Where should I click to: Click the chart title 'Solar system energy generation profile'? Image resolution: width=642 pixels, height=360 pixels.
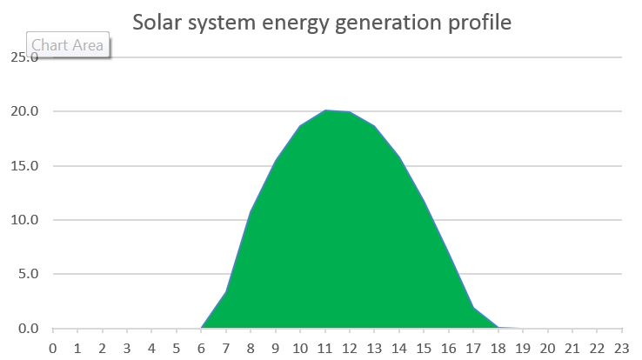click(x=321, y=21)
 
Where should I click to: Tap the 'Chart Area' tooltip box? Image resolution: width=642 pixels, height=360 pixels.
click(x=68, y=45)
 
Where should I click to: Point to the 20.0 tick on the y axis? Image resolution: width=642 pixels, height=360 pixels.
click(x=23, y=111)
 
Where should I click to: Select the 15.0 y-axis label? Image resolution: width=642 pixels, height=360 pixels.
click(x=23, y=165)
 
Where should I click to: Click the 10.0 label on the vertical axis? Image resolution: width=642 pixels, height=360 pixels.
click(x=23, y=220)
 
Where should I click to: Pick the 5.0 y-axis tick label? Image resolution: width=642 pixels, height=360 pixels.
click(x=26, y=274)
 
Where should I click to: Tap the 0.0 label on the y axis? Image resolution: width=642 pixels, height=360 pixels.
click(x=26, y=329)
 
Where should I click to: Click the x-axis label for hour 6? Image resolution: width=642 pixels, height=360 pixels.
click(x=201, y=348)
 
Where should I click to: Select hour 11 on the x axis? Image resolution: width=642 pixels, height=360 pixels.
click(x=325, y=348)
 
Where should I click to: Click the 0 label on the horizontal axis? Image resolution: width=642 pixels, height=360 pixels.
click(x=53, y=348)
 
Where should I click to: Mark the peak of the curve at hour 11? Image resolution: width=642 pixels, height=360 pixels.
click(x=325, y=110)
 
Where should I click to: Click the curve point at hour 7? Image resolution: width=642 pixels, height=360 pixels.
click(x=226, y=292)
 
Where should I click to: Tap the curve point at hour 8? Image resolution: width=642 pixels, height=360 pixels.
click(x=251, y=212)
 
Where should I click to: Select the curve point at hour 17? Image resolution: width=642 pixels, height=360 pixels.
click(x=473, y=308)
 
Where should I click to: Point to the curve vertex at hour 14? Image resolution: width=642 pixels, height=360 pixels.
click(x=399, y=157)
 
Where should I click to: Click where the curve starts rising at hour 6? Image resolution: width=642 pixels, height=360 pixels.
click(x=202, y=328)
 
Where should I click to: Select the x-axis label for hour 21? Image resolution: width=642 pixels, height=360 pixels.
click(x=572, y=348)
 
